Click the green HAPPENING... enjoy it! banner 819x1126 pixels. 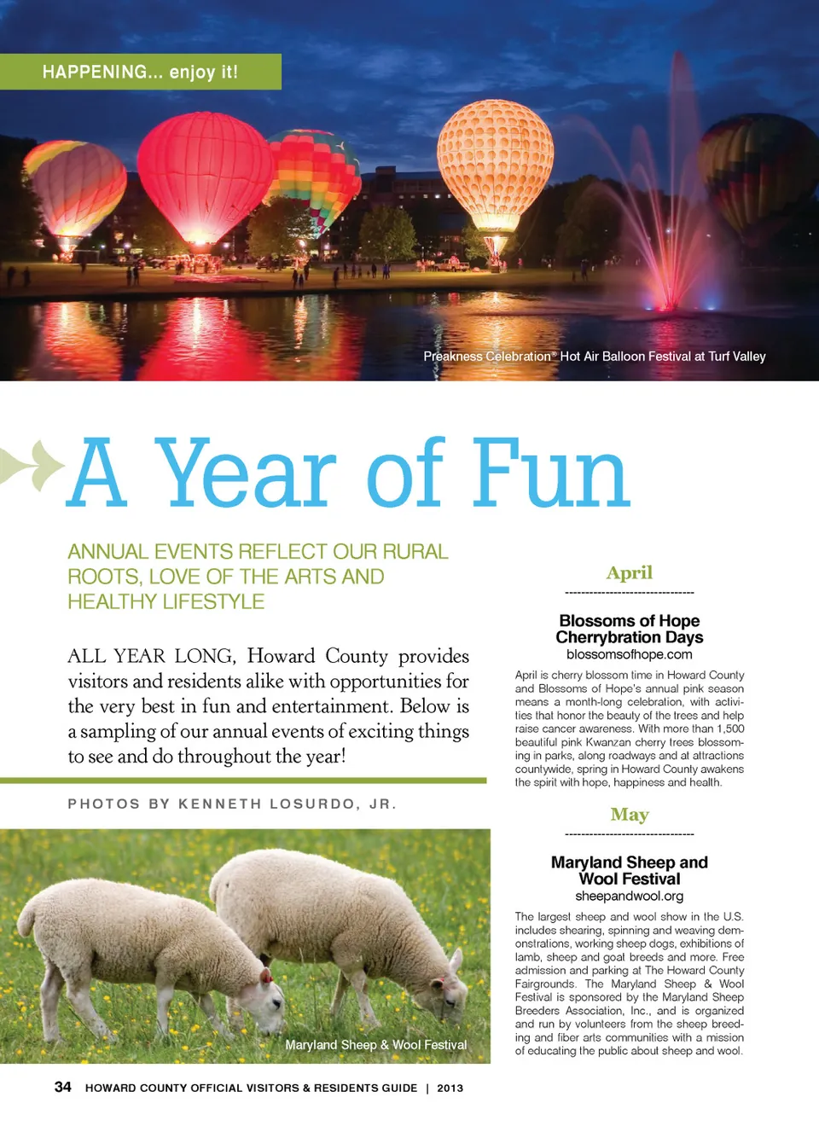pos(141,72)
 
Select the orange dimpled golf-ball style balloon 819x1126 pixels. pos(495,162)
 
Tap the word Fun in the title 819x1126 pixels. pos(550,473)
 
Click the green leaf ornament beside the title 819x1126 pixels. pos(34,465)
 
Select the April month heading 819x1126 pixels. pos(630,573)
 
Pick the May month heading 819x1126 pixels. pos(630,815)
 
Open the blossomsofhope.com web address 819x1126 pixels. pos(630,654)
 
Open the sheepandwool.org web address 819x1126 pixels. pos(630,896)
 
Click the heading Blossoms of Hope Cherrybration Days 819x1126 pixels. pos(630,629)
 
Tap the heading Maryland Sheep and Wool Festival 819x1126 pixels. pos(630,870)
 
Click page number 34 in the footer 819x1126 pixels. pos(63,1087)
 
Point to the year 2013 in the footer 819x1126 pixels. pos(450,1088)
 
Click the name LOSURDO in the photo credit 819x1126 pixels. pos(312,804)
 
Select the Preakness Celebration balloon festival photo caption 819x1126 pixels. pos(595,357)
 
